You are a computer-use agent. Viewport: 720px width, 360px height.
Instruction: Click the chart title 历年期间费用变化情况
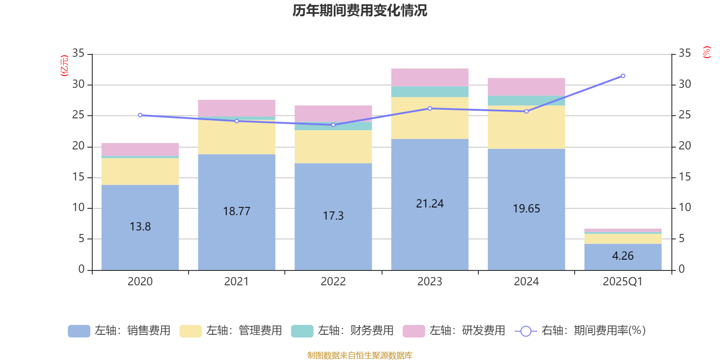(x=360, y=10)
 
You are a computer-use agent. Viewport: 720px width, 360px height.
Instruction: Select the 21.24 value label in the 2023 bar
(x=430, y=204)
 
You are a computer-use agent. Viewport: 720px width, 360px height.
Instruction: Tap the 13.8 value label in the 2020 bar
(x=140, y=226)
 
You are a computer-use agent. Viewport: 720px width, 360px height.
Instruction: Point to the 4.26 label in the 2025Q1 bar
(x=623, y=256)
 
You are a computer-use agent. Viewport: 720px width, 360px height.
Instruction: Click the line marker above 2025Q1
(x=623, y=76)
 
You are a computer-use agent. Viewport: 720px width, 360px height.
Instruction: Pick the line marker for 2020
(x=140, y=115)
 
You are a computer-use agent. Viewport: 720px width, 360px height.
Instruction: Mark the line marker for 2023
(x=430, y=108)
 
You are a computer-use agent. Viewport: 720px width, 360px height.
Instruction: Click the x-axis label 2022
(x=333, y=282)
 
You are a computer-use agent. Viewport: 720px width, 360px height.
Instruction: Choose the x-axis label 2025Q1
(x=623, y=282)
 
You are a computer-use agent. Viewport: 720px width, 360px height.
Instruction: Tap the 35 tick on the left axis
(x=78, y=54)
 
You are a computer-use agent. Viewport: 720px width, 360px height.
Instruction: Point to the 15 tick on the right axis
(x=684, y=177)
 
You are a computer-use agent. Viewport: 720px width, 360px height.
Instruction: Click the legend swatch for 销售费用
(x=79, y=331)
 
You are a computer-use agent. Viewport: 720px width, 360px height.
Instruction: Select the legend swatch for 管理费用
(x=190, y=331)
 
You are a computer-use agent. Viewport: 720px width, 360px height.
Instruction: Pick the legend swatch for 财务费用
(x=302, y=331)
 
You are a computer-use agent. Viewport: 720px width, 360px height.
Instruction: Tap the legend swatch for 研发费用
(x=414, y=331)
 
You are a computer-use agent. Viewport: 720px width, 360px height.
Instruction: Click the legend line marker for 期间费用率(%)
(x=526, y=331)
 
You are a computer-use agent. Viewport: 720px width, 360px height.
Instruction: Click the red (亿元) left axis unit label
(x=64, y=66)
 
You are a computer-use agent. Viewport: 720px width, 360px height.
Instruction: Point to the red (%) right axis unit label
(x=706, y=52)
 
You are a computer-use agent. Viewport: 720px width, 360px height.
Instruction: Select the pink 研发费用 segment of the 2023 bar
(x=430, y=77)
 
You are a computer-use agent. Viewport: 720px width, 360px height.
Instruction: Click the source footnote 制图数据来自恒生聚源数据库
(x=360, y=355)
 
